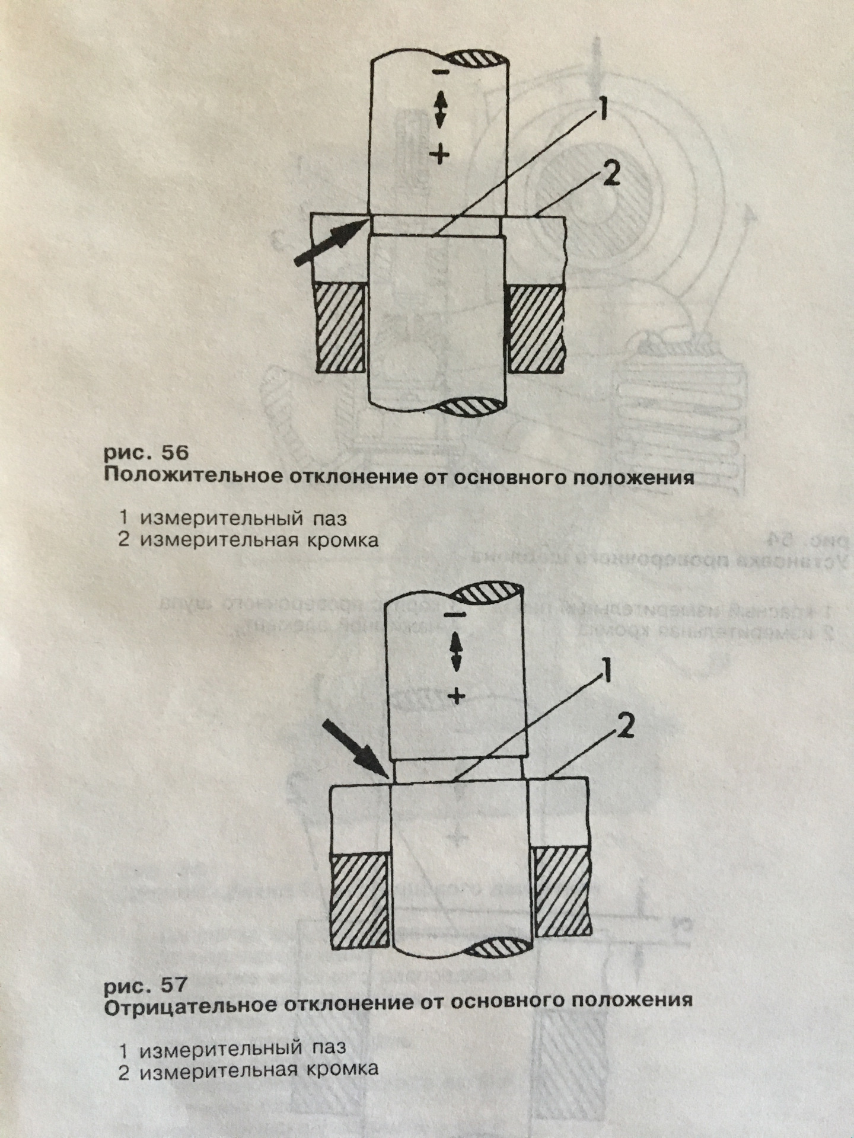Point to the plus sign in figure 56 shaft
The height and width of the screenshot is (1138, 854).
[x=439, y=155]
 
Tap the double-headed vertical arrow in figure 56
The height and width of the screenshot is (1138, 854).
[x=440, y=111]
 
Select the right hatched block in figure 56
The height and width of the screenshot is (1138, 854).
[x=535, y=327]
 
